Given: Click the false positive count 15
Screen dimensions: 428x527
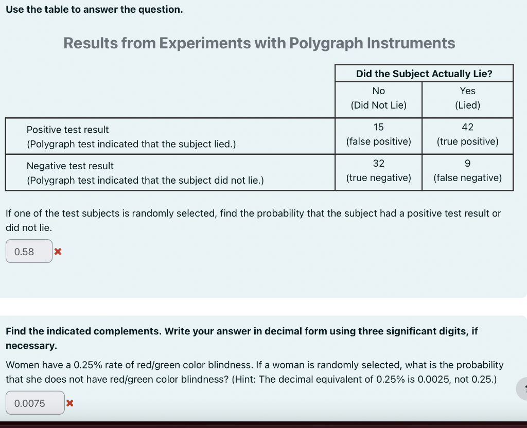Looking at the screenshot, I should click(x=378, y=127).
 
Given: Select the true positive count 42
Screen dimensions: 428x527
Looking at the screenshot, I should click(x=467, y=127).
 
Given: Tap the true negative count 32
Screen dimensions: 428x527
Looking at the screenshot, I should click(x=378, y=164).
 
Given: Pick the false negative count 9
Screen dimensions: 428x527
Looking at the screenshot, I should click(x=467, y=164).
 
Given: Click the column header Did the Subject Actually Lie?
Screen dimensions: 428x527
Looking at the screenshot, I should click(x=424, y=74).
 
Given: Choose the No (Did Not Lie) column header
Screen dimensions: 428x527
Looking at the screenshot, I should click(x=378, y=98).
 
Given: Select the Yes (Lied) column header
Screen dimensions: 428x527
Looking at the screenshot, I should click(x=467, y=98).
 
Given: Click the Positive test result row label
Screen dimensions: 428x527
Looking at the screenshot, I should click(x=67, y=130).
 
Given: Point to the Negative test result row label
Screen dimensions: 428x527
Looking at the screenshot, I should click(x=70, y=166).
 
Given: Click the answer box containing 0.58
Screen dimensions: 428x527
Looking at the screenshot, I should click(x=29, y=252).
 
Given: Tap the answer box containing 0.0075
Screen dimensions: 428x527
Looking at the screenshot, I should click(x=35, y=403).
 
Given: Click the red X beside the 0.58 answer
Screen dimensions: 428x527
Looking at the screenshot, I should click(x=58, y=252).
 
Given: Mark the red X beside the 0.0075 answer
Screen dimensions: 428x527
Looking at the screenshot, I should click(x=70, y=403).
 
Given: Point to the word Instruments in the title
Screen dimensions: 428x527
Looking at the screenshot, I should click(x=411, y=43).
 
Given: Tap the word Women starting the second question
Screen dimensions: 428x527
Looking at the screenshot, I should click(x=21, y=365).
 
